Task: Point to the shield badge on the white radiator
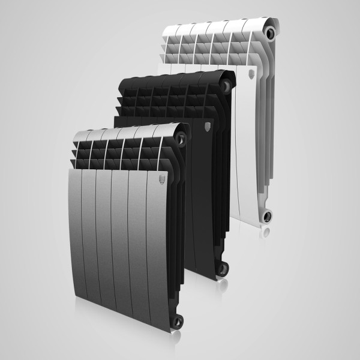point(250,76)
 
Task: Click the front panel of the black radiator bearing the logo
point(204,192)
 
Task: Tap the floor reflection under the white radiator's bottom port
point(268,231)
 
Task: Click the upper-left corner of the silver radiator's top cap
point(74,133)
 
